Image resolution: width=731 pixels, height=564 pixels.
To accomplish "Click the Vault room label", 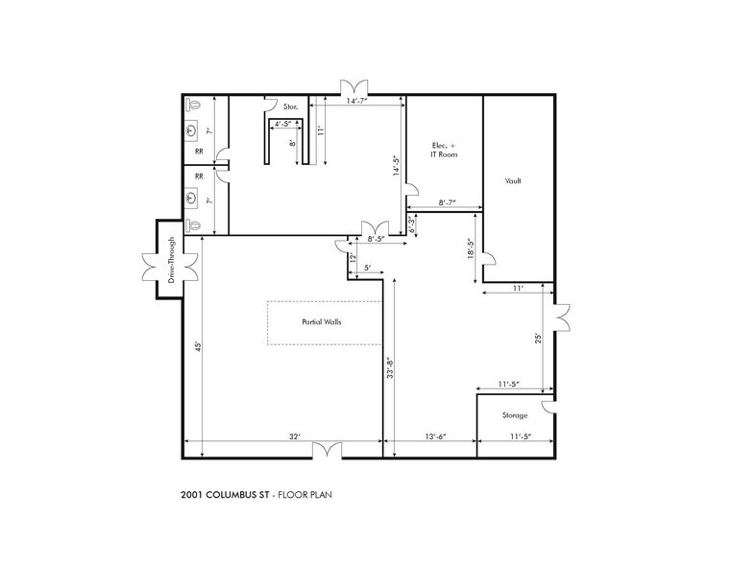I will [x=513, y=180].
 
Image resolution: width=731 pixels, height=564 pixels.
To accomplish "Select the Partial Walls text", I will [x=322, y=322].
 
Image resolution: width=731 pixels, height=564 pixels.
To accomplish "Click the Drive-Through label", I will [x=171, y=260].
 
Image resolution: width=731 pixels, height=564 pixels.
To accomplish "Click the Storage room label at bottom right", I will [x=515, y=415].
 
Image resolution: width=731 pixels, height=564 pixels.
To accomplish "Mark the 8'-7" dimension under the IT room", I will [x=447, y=202].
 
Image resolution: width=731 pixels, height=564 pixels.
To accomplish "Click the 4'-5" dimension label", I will [x=285, y=123].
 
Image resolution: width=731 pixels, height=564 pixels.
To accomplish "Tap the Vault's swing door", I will [x=489, y=260].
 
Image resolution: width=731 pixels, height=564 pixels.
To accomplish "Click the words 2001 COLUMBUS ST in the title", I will [x=224, y=495].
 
